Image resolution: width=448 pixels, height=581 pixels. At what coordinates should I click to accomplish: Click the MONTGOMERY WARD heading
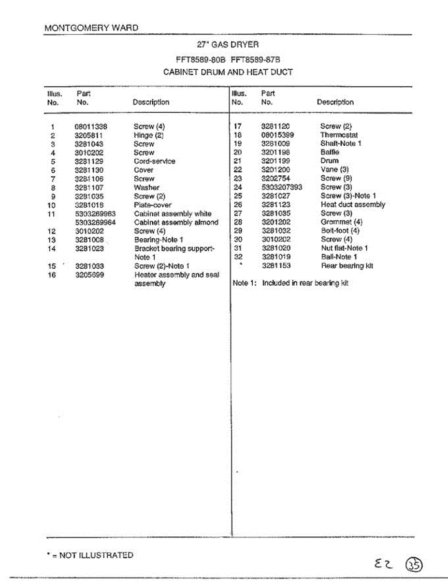pos(91,28)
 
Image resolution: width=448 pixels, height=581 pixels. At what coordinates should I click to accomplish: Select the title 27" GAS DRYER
pos(228,45)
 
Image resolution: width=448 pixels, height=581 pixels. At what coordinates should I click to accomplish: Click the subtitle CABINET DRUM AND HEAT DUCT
pos(228,72)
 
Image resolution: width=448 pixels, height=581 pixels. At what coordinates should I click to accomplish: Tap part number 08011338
pos(91,127)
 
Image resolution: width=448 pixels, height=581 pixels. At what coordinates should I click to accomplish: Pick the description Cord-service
pos(155,161)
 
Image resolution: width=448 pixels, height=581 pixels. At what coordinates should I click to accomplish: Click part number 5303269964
pos(96,223)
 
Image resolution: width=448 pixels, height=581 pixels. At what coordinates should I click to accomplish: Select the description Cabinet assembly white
pos(173,214)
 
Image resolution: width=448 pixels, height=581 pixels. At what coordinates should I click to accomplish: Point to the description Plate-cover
pos(153,205)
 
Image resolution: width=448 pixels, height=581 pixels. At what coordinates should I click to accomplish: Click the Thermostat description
pos(339,135)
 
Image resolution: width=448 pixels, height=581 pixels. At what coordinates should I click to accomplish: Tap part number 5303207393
pos(282,187)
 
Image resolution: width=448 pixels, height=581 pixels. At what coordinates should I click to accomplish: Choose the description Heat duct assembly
pos(353,205)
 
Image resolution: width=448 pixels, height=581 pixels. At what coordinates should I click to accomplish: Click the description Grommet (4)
pos(341,222)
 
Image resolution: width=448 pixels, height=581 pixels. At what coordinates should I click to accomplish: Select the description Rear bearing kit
pos(347,266)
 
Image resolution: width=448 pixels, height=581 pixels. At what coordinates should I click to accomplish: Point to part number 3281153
pos(276,266)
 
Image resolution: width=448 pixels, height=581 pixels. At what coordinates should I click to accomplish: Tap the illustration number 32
pos(238,257)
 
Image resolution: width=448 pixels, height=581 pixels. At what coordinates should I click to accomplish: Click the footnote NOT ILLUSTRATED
pos(89,555)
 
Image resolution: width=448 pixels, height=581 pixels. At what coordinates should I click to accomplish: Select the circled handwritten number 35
pos(414,565)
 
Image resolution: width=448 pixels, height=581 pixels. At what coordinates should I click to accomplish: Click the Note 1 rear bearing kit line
pos(290,283)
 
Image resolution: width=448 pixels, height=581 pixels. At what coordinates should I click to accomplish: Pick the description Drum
pos(330,161)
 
